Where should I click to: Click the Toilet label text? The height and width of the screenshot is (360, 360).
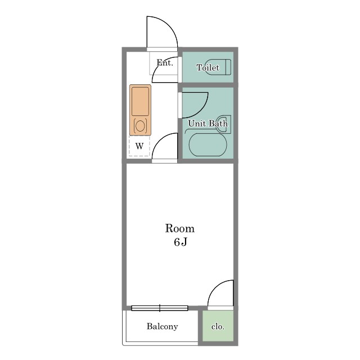pos(208,67)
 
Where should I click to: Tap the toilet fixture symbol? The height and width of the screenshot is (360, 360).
pos(218,67)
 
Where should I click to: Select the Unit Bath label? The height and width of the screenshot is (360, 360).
pos(208,124)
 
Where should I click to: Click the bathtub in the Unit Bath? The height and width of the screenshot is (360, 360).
pos(208,145)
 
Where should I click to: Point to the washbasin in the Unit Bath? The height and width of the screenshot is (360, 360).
pos(223,124)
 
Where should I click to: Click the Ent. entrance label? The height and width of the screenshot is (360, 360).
pos(165,62)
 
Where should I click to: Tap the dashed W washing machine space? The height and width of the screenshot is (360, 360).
pos(139,146)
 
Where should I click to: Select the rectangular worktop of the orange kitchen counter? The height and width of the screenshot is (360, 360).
pos(140,101)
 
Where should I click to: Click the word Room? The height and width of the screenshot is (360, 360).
pos(180,229)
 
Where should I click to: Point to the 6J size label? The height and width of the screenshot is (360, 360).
pos(181,242)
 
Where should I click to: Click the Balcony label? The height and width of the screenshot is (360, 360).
pos(163,326)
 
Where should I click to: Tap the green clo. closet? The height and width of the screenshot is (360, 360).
pos(218,326)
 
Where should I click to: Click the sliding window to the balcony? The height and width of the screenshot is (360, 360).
pos(160,308)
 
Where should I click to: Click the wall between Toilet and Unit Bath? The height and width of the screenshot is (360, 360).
pos(208,85)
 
